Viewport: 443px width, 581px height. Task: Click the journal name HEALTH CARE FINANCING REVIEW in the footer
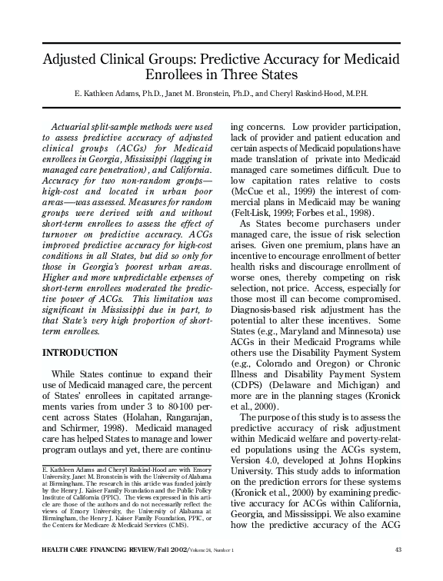coord(93,570)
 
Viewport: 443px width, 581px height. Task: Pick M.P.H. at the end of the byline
coord(360,94)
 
